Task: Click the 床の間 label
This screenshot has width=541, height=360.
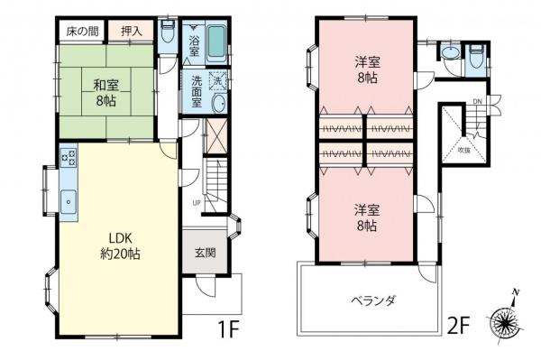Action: [x=80, y=30]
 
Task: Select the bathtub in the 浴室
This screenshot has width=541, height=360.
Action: [x=215, y=40]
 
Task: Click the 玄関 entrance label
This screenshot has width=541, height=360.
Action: [x=205, y=254]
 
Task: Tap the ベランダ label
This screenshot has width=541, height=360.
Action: [x=372, y=300]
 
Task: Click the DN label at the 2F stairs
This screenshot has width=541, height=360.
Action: [x=479, y=101]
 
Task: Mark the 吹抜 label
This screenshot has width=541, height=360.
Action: [x=463, y=149]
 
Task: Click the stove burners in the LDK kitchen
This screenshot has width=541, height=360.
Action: [x=69, y=161]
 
